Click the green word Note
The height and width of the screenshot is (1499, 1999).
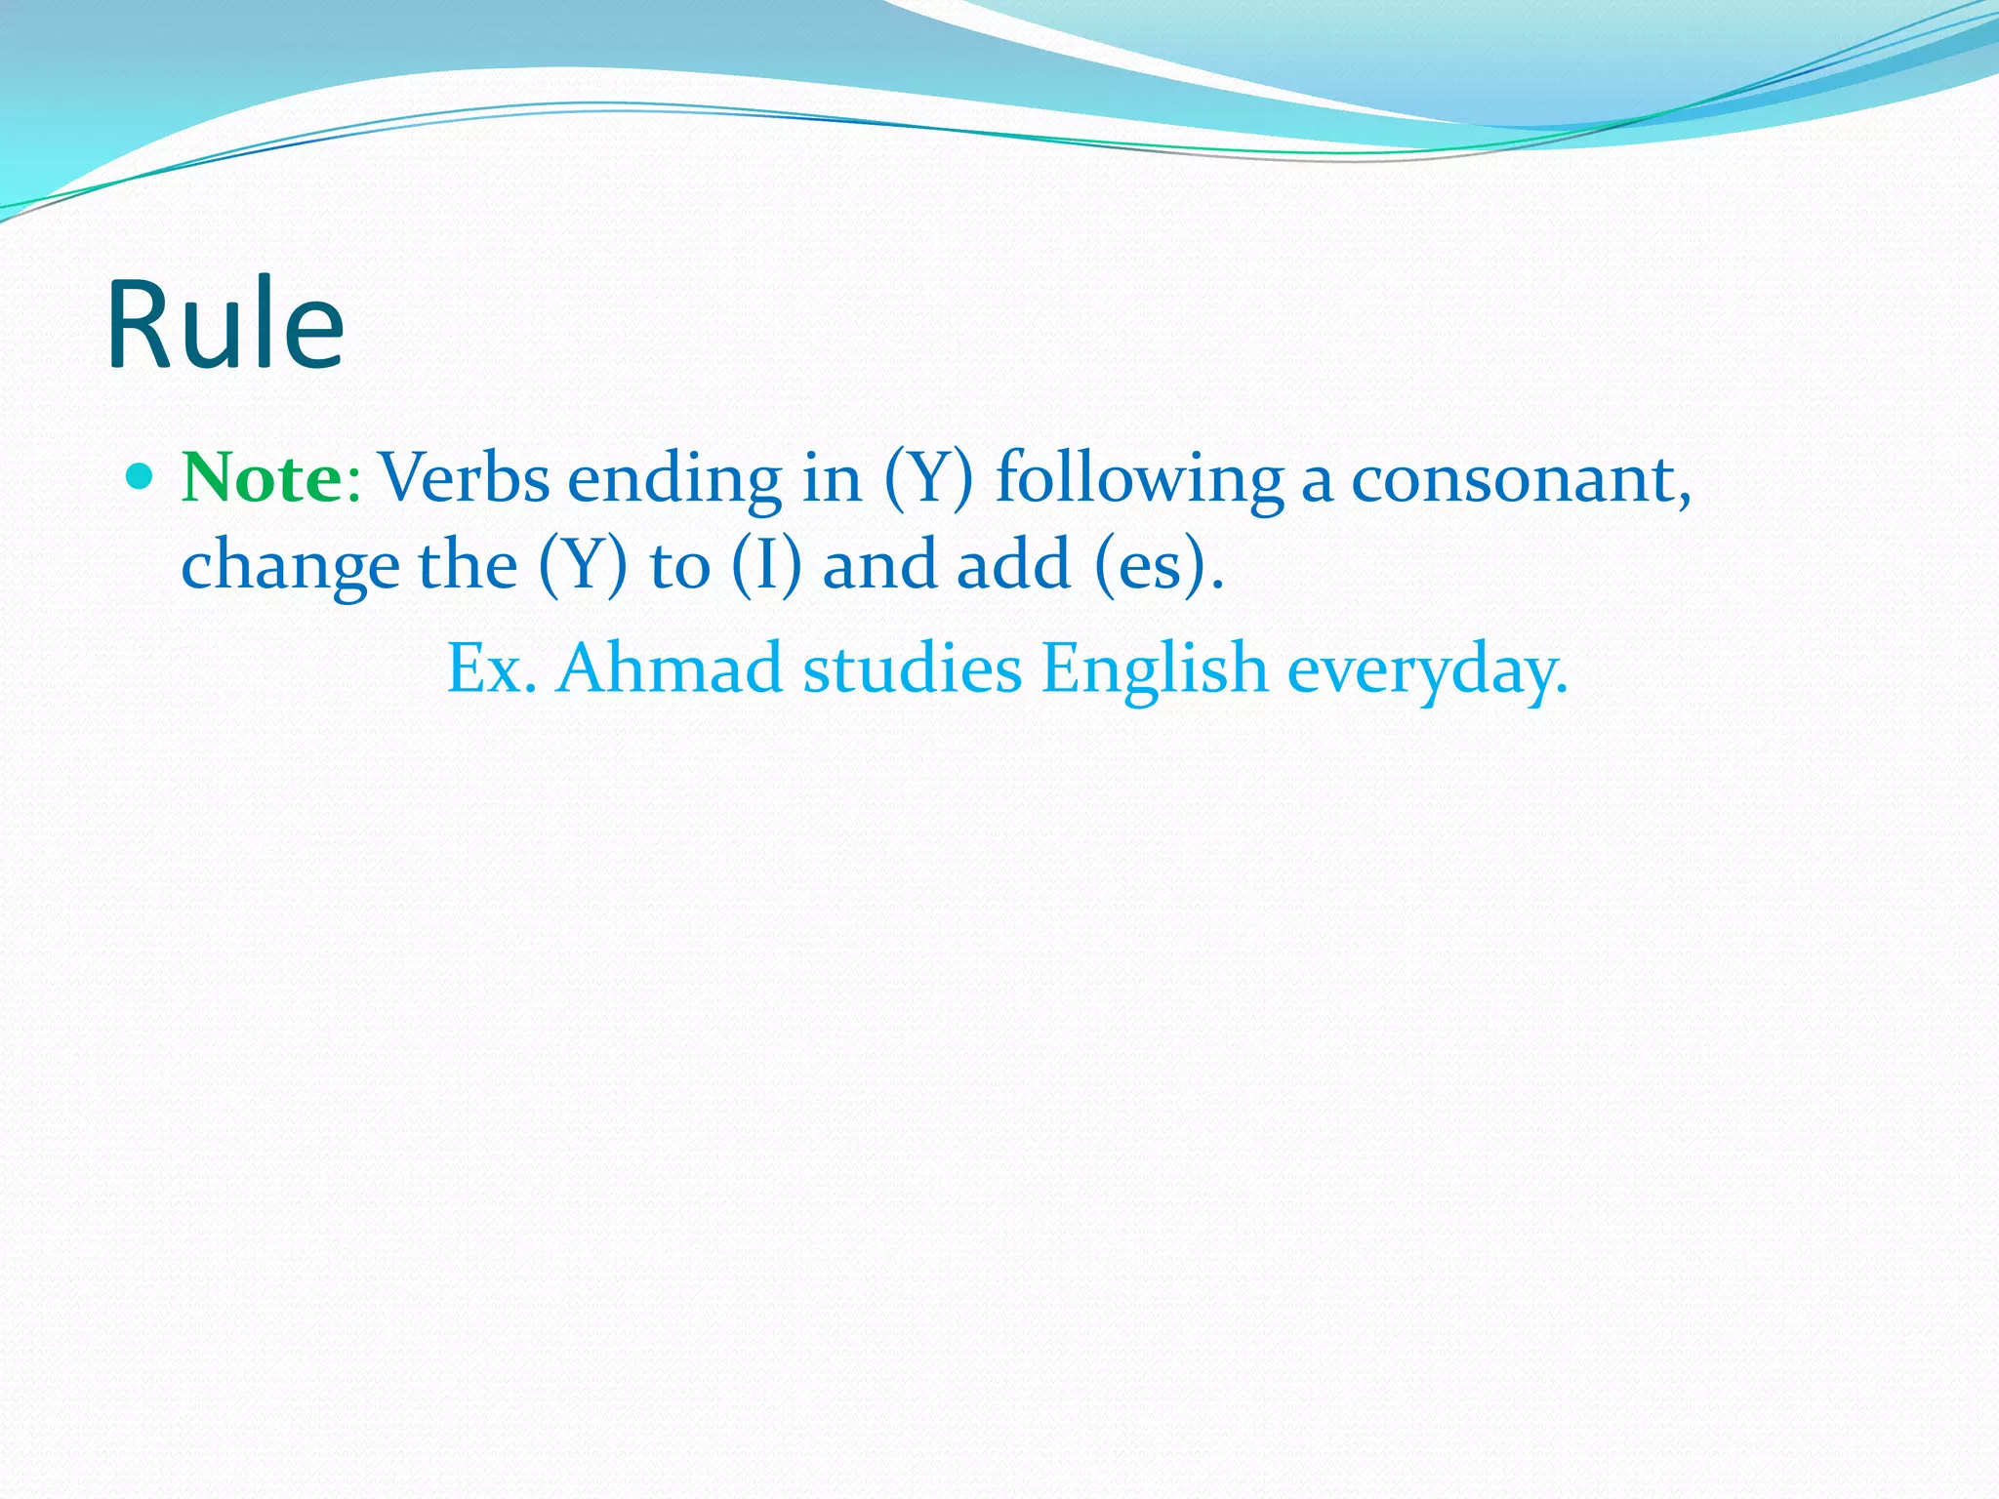[x=262, y=478]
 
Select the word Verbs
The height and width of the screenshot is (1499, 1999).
[x=464, y=478]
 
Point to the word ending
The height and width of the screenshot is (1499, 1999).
[x=674, y=480]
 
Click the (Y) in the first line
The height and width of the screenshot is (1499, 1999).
[x=928, y=478]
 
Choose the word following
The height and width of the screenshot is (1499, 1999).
[x=1139, y=480]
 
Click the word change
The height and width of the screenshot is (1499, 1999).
[x=290, y=567]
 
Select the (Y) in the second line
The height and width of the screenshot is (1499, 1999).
[x=583, y=565]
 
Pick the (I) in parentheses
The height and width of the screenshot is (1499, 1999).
[x=767, y=565]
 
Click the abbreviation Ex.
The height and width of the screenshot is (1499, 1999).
[x=491, y=668]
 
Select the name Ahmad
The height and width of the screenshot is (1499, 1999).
[x=670, y=668]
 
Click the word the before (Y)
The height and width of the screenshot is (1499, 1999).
[x=468, y=565]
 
